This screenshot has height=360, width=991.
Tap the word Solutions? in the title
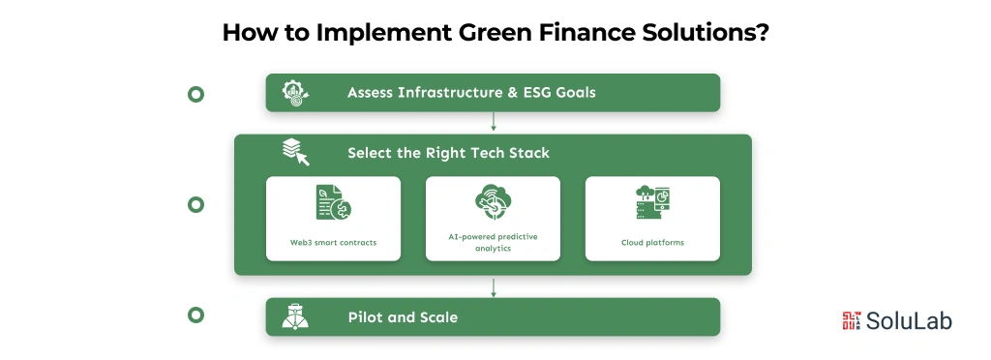coord(694,32)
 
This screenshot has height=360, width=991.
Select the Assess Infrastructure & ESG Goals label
coord(471,93)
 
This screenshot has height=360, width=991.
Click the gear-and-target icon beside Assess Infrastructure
coord(295,93)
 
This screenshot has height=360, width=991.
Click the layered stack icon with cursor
coord(295,152)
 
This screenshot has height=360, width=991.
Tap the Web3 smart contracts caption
coord(333,242)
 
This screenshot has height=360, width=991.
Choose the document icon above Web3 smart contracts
coord(333,203)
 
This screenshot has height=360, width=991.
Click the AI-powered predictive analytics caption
coord(493,242)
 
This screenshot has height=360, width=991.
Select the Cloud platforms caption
coord(652,242)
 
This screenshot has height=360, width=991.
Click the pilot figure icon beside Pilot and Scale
coord(295,316)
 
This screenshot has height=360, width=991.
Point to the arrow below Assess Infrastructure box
coord(494,122)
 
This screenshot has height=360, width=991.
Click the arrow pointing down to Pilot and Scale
coord(494,286)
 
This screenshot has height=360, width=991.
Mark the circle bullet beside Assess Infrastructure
coord(195,94)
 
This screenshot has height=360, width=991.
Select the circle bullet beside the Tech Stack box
coord(195,204)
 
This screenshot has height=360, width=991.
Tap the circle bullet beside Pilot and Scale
coord(195,315)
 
